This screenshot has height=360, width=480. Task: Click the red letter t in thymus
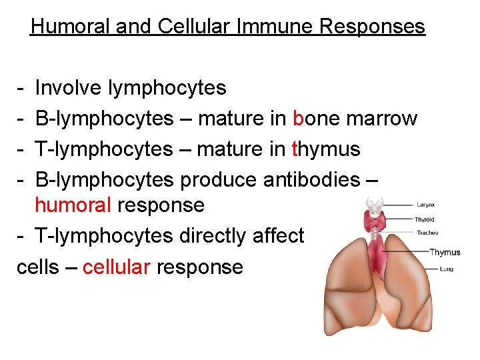coord(296,149)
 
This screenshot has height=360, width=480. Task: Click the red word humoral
coord(73,204)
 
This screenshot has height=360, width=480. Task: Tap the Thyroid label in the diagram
coord(425,219)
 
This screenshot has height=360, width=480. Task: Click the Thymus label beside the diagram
coord(445,252)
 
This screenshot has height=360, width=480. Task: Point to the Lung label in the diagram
coord(428,269)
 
